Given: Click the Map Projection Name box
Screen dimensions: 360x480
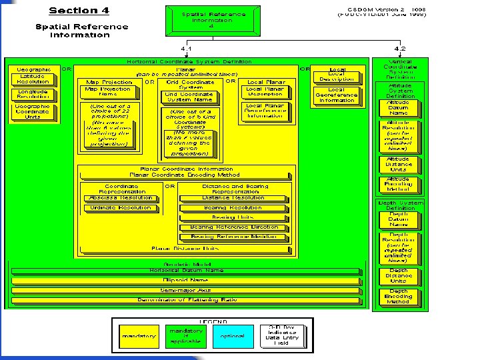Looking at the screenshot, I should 108,91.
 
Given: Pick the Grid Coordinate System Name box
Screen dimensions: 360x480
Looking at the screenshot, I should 189,97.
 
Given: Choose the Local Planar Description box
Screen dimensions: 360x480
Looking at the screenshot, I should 265,91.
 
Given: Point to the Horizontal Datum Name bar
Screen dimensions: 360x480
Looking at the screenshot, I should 187,271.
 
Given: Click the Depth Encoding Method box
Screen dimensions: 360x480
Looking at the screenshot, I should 399,296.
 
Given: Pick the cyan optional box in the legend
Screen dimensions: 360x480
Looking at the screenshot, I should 233,336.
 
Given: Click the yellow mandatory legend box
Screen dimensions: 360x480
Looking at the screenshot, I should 139,336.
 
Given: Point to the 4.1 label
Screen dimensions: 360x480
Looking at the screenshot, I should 187,49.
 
